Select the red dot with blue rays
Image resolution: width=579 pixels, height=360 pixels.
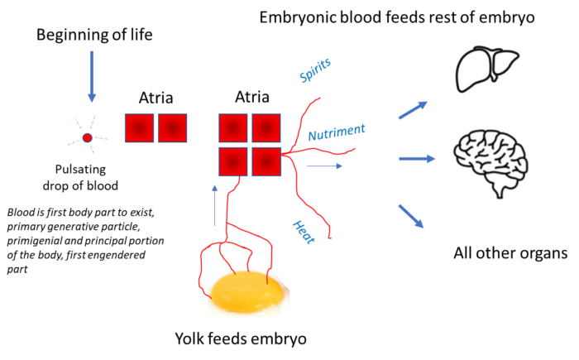(87, 138)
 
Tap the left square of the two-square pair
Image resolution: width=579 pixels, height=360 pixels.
(140, 128)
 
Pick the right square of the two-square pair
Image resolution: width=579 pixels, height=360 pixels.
(172, 128)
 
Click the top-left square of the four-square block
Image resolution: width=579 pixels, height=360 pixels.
(233, 128)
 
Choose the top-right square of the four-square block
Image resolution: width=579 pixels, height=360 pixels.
(266, 128)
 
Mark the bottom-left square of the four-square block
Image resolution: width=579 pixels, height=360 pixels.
(233, 161)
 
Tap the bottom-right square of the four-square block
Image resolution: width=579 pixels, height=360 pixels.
(266, 161)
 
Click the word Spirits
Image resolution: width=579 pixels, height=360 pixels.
(314, 70)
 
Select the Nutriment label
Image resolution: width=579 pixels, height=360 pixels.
(336, 132)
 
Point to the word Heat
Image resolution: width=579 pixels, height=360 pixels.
(304, 232)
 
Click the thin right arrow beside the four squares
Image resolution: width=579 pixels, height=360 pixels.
(324, 166)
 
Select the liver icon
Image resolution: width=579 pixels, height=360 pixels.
(486, 67)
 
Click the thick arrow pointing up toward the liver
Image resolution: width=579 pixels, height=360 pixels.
(413, 110)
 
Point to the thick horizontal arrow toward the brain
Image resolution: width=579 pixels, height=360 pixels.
(417, 158)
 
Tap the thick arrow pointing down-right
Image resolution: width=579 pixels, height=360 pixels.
(411, 216)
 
